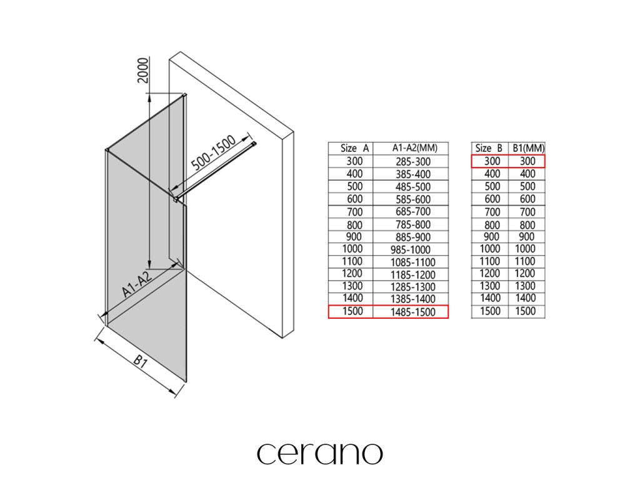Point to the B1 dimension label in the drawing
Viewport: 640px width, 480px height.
[139, 362]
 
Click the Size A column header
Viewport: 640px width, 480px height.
[354, 149]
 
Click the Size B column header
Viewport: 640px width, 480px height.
[489, 149]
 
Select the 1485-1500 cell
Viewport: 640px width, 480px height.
[411, 311]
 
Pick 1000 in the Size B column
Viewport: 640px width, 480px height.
[491, 249]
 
